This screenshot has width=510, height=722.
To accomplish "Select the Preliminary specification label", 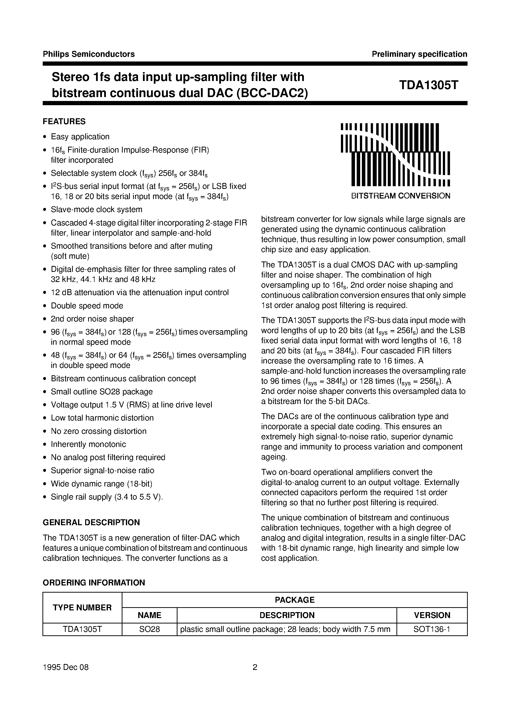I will coord(419,54).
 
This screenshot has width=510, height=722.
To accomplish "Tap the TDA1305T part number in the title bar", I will coord(429,85).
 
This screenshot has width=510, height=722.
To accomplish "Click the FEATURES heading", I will coord(64,121).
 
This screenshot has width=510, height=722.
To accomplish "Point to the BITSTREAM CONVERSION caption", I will coord(401,196).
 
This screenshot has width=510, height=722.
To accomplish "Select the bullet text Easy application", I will coord(80,137).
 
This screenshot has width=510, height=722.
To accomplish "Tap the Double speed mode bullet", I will coord(87,306).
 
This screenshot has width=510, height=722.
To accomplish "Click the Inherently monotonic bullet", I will coord(88,444).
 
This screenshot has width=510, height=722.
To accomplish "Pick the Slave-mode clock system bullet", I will coord(97,209).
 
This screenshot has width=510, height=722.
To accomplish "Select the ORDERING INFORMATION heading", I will coord(94,583).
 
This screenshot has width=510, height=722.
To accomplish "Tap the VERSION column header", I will coord(432,615).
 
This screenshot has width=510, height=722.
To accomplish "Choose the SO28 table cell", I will coord(149,629).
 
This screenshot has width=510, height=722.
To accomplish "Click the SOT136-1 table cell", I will coord(432,629).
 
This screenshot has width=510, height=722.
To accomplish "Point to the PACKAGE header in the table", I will coord(294,600).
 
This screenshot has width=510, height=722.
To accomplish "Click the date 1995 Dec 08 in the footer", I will coord(66,676).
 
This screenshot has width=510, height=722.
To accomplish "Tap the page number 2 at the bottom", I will coord(255,676).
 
